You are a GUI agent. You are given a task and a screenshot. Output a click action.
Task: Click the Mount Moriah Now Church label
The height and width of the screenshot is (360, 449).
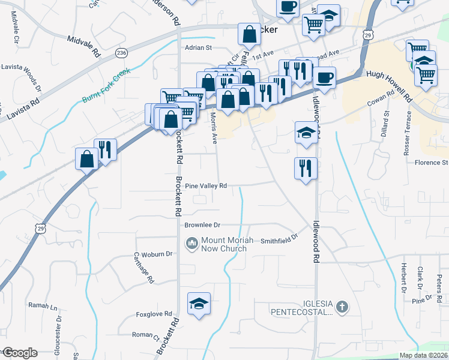coord(223,244)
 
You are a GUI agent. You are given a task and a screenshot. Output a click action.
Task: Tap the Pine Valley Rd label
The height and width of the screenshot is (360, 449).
coord(206,186)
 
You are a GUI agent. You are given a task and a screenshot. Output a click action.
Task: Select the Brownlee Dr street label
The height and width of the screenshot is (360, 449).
coord(202,225)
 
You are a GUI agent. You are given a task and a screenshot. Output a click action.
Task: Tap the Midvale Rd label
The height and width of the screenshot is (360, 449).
coord(84,46)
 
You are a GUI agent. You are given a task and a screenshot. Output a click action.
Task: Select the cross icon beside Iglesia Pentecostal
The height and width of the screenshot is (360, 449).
coord(342,308)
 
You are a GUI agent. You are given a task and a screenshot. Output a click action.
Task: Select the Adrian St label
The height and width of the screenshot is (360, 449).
coord(199,47)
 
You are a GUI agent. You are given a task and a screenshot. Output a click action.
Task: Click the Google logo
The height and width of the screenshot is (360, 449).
coord(19,353)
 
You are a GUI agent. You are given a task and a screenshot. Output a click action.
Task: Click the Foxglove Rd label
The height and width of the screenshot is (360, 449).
coord(154,314)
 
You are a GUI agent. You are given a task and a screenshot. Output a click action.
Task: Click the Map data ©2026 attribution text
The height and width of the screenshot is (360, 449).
coord(423,355)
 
